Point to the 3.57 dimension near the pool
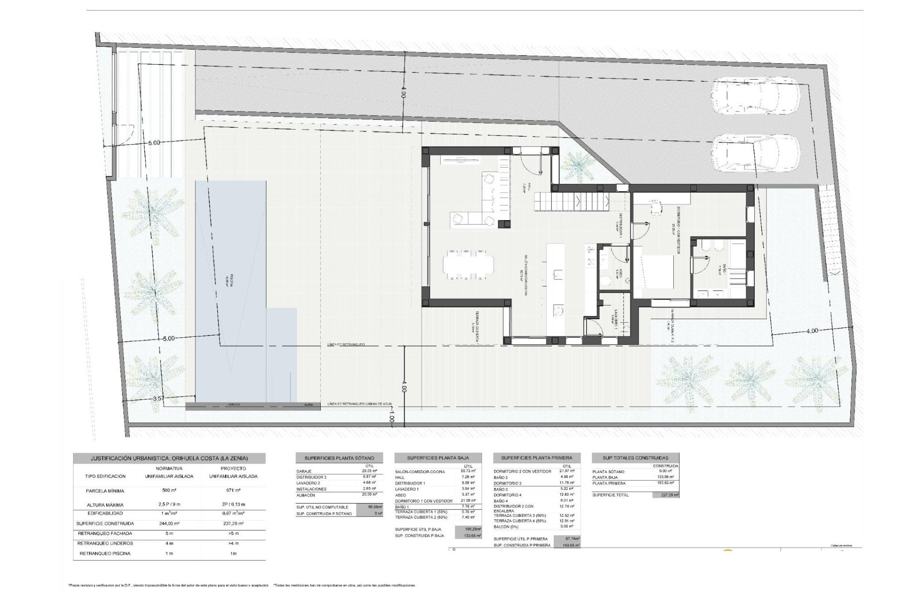click(x=159, y=398)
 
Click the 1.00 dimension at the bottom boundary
click(x=391, y=414)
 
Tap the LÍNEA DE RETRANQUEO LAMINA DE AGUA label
click(x=360, y=404)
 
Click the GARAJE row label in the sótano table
click(x=305, y=471)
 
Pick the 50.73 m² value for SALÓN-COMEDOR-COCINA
click(x=468, y=471)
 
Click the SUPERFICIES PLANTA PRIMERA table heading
click(x=537, y=458)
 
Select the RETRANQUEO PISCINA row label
click(x=105, y=554)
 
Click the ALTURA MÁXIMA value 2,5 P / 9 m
click(x=169, y=505)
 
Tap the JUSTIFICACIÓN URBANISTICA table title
click(x=169, y=458)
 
